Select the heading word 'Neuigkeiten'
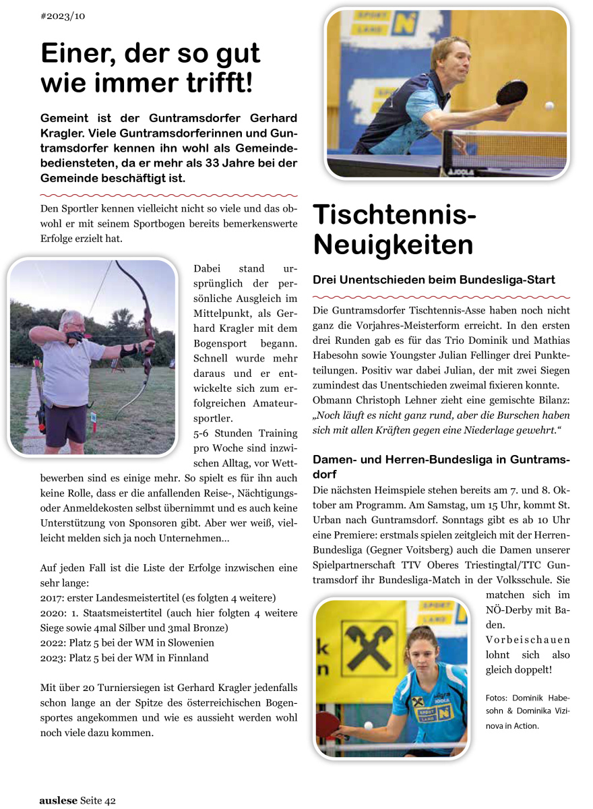click(x=393, y=245)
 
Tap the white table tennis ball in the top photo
click(x=549, y=106)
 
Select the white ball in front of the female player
click(x=368, y=725)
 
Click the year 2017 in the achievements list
click(x=51, y=598)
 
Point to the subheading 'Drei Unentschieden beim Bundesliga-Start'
click(x=434, y=280)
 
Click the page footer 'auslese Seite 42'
click(x=77, y=800)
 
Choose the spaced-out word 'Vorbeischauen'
click(x=528, y=640)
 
